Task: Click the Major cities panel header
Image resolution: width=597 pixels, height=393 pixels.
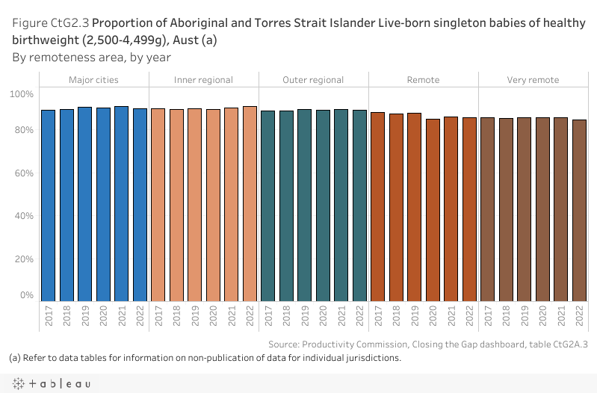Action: [93, 79]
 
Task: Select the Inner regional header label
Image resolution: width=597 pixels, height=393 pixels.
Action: [203, 79]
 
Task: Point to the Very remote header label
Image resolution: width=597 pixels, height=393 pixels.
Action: [533, 79]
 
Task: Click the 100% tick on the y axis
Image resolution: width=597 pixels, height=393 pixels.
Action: [22, 93]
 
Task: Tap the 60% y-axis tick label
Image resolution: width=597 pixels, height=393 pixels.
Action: [24, 173]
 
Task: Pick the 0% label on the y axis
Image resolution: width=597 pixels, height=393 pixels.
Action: [27, 295]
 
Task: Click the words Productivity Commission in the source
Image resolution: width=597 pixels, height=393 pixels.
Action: [348, 344]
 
